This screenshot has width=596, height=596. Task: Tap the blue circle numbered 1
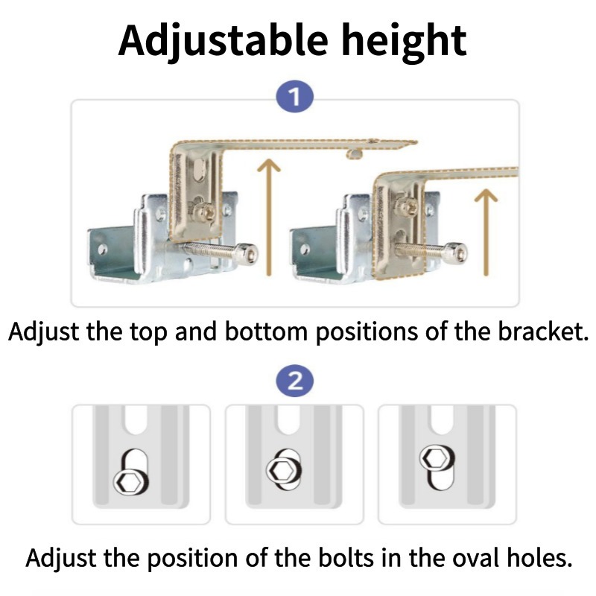pyautogui.click(x=295, y=97)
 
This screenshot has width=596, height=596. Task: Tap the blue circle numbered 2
pyautogui.click(x=295, y=381)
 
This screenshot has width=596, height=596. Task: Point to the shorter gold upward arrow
pyautogui.click(x=486, y=232)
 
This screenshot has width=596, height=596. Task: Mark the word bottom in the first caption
pyautogui.click(x=266, y=332)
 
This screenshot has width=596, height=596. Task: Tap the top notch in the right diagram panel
pyautogui.click(x=443, y=419)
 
